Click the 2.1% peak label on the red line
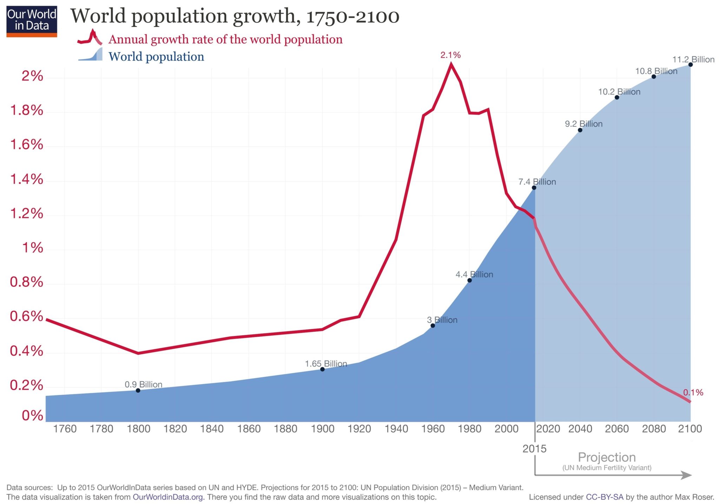click(450, 55)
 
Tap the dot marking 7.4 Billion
click(534, 188)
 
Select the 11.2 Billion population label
click(693, 59)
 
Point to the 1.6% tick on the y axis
click(27, 145)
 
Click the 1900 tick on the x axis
click(323, 429)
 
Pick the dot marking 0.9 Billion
click(138, 390)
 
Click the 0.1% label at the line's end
click(693, 393)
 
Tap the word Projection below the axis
click(607, 457)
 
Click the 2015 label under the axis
click(534, 449)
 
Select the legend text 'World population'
click(156, 57)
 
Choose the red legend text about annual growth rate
click(225, 39)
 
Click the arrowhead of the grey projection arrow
click(686, 475)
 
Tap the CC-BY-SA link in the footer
click(604, 497)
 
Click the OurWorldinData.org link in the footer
click(168, 497)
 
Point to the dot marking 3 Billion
click(433, 326)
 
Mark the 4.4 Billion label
click(474, 274)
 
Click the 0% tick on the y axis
click(32, 416)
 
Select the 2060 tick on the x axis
click(617, 429)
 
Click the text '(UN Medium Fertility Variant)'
click(607, 468)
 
